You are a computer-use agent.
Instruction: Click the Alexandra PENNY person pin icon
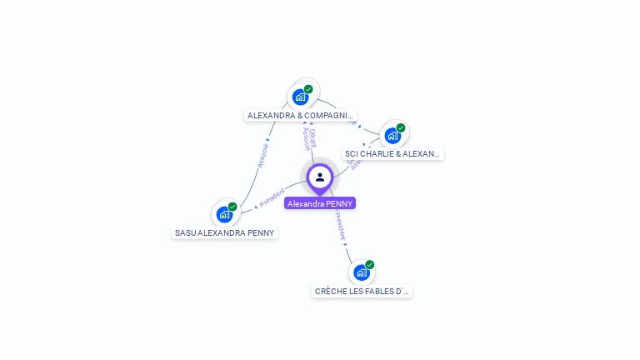[x=320, y=177]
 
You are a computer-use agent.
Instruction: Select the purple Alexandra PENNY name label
[x=320, y=203]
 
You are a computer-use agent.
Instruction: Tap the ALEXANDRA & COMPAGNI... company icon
[x=301, y=97]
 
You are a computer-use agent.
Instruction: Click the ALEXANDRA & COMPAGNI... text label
[x=301, y=115]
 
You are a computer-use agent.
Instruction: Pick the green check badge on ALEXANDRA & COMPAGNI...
[x=308, y=89]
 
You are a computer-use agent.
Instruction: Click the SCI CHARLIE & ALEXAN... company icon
[x=392, y=135]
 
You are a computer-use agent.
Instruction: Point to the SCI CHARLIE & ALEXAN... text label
[x=393, y=154]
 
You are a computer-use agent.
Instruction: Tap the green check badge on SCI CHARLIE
[x=401, y=128]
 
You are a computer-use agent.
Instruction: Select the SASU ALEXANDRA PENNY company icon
[x=224, y=214]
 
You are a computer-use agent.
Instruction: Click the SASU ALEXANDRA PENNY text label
[x=225, y=232]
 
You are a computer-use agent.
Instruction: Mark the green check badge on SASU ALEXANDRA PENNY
[x=232, y=207]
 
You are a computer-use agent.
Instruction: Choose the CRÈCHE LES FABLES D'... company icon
[x=362, y=272]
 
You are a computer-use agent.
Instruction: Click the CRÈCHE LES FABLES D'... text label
[x=362, y=292]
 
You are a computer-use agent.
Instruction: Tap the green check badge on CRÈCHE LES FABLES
[x=370, y=265]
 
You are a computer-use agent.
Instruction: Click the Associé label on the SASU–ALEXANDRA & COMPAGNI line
[x=262, y=156]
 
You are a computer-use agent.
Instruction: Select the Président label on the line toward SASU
[x=272, y=197]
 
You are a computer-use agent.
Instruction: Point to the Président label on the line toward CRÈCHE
[x=340, y=225]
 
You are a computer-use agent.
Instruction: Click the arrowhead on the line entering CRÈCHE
[x=346, y=245]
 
